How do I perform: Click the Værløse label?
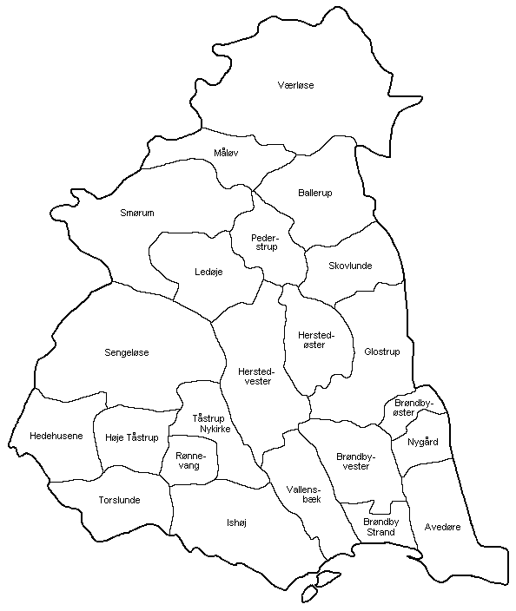(295, 85)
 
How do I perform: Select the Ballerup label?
(314, 192)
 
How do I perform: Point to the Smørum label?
(136, 212)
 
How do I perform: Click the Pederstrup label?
(263, 241)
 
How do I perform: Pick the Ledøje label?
(208, 272)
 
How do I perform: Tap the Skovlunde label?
(350, 266)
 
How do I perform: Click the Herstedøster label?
(311, 339)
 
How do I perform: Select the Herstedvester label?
(254, 376)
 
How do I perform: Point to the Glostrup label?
(382, 351)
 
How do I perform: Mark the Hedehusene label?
(56, 435)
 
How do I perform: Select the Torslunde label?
(119, 500)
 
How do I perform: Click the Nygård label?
(422, 442)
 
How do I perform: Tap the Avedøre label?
(443, 526)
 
